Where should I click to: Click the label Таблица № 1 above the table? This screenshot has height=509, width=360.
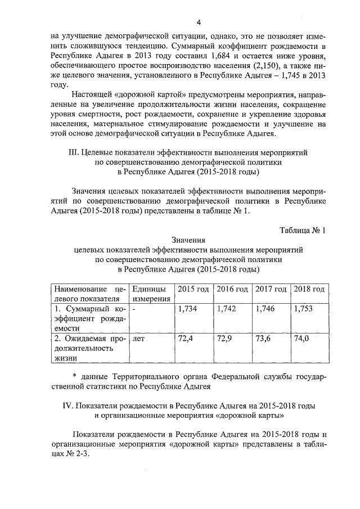tap(303, 230)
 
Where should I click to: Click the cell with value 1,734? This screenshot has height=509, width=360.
tap(187, 309)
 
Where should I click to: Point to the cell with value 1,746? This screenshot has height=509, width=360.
tap(265, 309)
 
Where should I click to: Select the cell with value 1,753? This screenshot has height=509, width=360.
tap(304, 309)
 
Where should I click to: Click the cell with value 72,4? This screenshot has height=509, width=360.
tap(186, 339)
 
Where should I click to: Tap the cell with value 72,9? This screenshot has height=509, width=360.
tap(224, 339)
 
